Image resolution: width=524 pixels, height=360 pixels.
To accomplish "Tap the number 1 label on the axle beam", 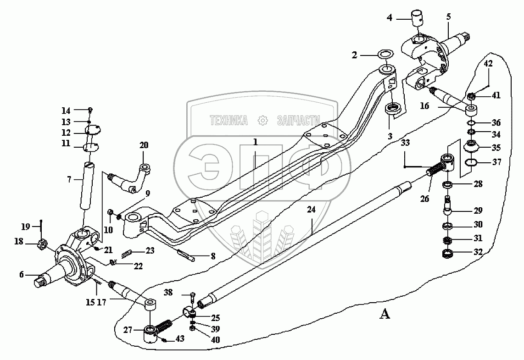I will coord(255,143).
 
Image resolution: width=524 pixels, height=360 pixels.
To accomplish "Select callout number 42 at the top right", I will coord(487,64).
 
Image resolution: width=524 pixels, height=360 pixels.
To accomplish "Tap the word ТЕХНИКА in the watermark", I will coord(228,121).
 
